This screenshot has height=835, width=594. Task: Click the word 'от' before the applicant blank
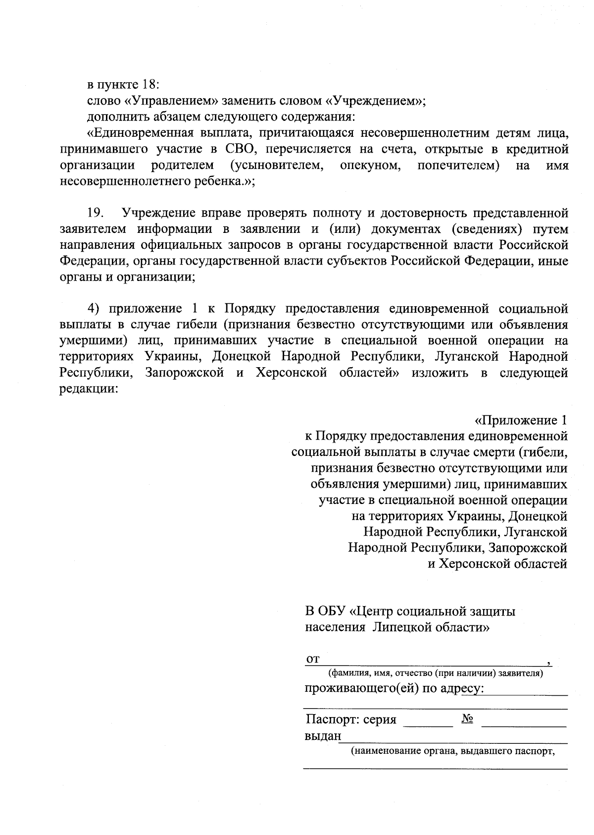point(313,659)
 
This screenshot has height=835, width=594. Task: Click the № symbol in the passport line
point(467,719)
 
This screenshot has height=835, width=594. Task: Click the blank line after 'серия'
point(429,724)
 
